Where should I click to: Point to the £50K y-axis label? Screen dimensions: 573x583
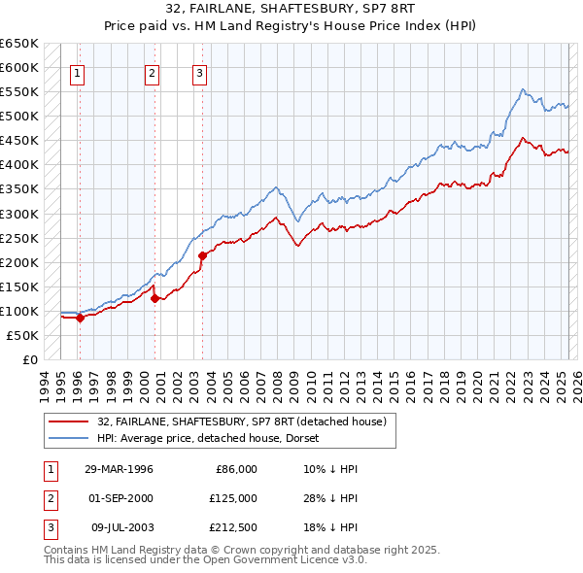tap(23, 335)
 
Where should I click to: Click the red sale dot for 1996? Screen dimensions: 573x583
tap(80, 318)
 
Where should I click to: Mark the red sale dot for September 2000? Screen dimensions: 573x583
tap(155, 298)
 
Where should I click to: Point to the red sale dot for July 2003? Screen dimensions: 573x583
tap(202, 256)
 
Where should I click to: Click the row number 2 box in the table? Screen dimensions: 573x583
tap(49, 498)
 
